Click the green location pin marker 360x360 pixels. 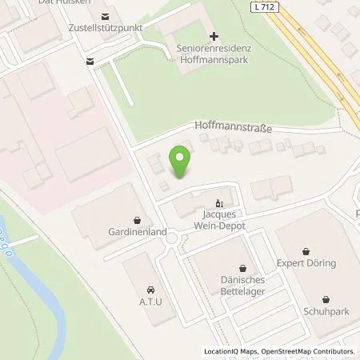coord(182,162)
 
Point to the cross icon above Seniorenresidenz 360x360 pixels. coord(213,35)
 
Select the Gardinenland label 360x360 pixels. coord(138,232)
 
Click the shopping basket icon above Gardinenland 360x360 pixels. coord(138,218)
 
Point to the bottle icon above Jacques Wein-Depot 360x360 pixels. coord(218,202)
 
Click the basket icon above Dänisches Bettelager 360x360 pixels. coord(242,266)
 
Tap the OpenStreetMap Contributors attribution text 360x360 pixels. coord(304,351)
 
